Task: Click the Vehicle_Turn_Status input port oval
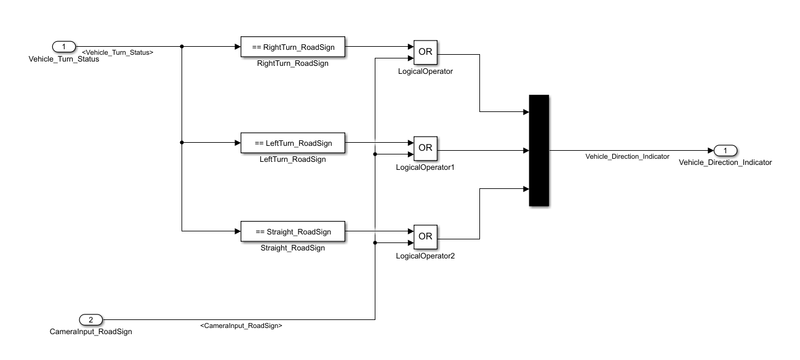pyautogui.click(x=64, y=46)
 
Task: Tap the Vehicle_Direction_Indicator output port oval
pyautogui.click(x=725, y=150)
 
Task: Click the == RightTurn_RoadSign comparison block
pyautogui.click(x=292, y=47)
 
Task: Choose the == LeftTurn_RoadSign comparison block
pyautogui.click(x=292, y=143)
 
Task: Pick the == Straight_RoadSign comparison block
pyautogui.click(x=292, y=231)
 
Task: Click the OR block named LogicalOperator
pyautogui.click(x=425, y=52)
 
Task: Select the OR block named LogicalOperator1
pyautogui.click(x=425, y=148)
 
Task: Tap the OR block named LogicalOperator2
pyautogui.click(x=425, y=237)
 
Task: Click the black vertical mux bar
pyautogui.click(x=539, y=150)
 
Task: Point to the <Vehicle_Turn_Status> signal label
pyautogui.click(x=117, y=52)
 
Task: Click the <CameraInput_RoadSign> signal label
pyautogui.click(x=241, y=326)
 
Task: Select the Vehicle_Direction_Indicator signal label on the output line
pyautogui.click(x=627, y=157)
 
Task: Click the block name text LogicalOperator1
pyautogui.click(x=425, y=167)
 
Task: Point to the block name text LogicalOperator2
pyautogui.click(x=425, y=256)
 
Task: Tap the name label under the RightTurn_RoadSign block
pyautogui.click(x=292, y=64)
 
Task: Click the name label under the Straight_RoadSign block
pyautogui.click(x=292, y=248)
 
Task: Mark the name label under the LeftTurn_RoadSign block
pyautogui.click(x=292, y=160)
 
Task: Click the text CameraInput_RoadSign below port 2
pyautogui.click(x=91, y=330)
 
